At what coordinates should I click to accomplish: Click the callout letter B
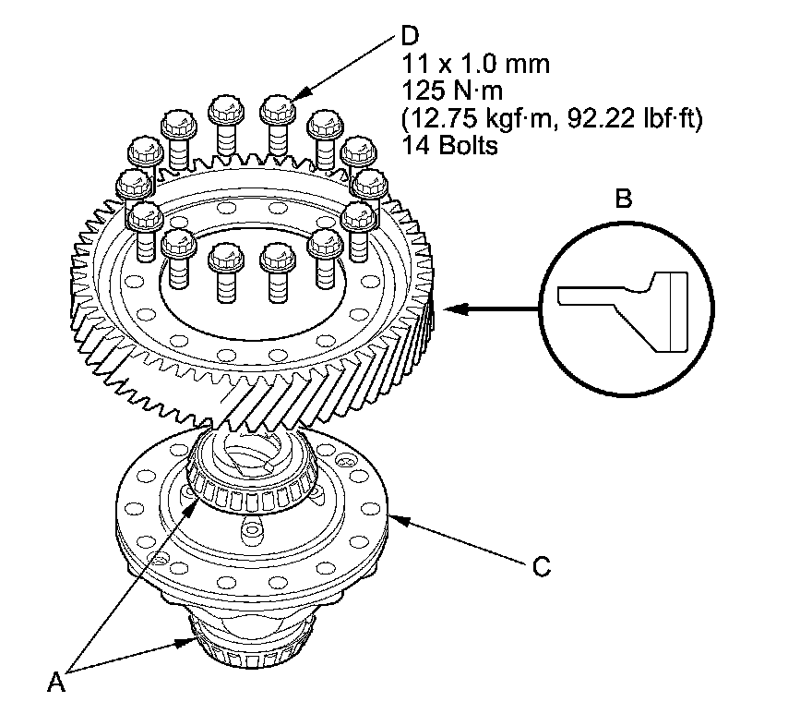click(624, 199)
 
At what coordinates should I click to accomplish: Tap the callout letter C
click(542, 566)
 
